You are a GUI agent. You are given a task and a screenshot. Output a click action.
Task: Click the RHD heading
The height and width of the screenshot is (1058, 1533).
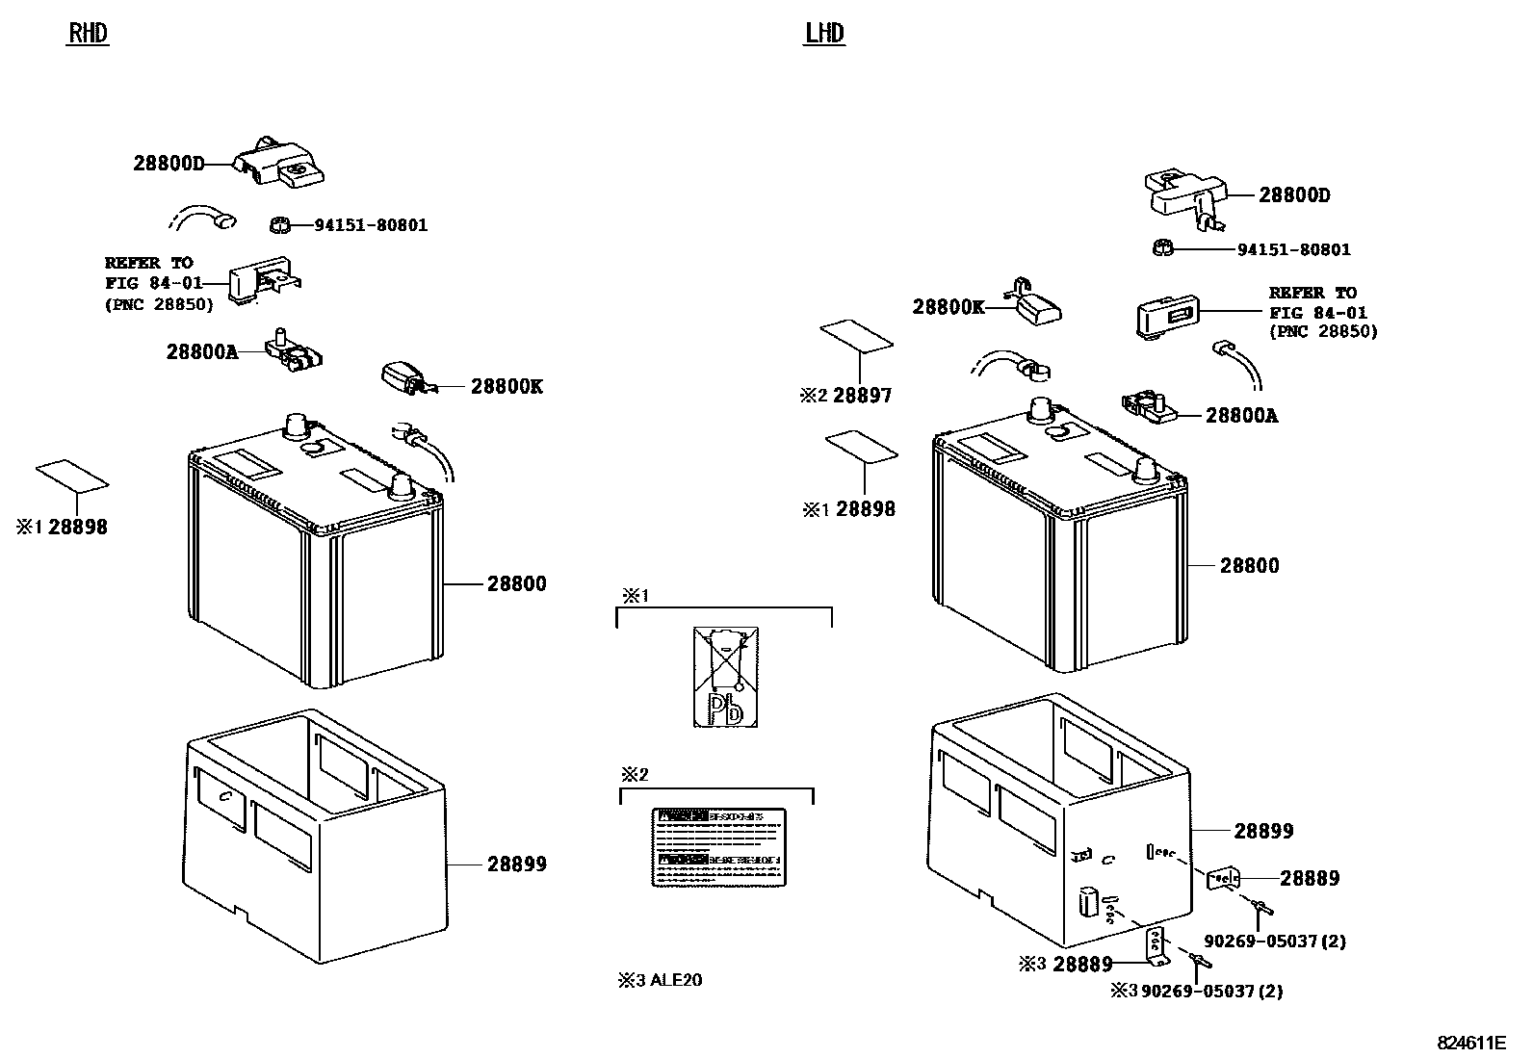click(x=88, y=34)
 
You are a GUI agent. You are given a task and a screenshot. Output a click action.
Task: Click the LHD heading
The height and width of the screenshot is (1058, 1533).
click(x=824, y=34)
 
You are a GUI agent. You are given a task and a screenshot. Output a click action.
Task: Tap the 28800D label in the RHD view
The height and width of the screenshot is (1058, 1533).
click(x=169, y=164)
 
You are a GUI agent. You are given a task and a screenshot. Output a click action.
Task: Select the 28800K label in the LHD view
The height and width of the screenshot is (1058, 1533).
click(x=948, y=307)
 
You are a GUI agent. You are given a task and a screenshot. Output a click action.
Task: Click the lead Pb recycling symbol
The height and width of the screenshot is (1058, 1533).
click(x=725, y=677)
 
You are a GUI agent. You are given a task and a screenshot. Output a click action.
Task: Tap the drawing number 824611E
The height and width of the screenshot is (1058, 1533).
click(x=1471, y=1043)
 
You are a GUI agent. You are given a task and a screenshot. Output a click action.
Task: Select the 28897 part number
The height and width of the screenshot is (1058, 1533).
click(x=862, y=396)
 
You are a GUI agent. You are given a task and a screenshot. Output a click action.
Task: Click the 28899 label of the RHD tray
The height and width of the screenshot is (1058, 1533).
click(x=516, y=864)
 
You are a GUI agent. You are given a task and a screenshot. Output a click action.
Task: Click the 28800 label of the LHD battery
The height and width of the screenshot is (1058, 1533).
click(x=1249, y=566)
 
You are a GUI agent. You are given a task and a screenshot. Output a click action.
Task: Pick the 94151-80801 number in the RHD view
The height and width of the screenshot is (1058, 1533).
click(x=371, y=225)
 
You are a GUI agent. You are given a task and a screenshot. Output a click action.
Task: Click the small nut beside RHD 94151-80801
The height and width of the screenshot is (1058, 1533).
click(x=278, y=225)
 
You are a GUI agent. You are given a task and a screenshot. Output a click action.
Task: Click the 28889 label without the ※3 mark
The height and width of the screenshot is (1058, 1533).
click(x=1309, y=878)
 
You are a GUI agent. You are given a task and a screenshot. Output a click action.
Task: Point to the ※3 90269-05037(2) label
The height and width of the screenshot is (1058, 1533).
click(x=1199, y=991)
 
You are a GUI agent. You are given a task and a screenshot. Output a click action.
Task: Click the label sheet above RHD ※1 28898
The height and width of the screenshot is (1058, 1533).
click(x=72, y=476)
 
